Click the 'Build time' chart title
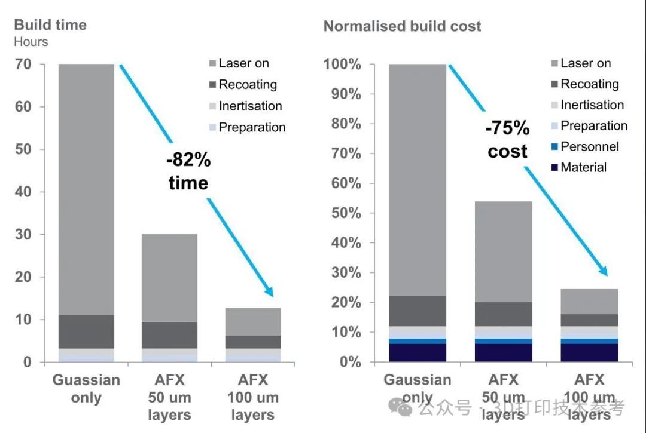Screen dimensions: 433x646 click(x=50, y=25)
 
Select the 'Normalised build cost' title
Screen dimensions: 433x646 click(x=402, y=26)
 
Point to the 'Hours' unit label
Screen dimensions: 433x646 click(x=31, y=42)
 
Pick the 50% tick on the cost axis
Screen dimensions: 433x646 click(x=346, y=213)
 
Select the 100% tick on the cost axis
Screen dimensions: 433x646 click(x=342, y=64)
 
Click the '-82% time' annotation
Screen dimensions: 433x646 click(x=188, y=171)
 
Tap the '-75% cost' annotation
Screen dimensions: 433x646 click(x=507, y=140)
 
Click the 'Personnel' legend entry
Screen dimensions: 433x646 click(x=589, y=146)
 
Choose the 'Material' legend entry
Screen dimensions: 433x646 click(x=583, y=167)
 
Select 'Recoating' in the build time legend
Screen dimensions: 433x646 click(x=247, y=84)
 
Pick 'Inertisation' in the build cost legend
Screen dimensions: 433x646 click(x=592, y=105)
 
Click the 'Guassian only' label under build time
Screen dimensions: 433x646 click(x=86, y=389)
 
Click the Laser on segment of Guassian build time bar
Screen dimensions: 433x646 click(x=86, y=179)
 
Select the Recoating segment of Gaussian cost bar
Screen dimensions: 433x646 click(x=418, y=311)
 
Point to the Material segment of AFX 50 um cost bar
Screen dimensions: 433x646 click(x=504, y=352)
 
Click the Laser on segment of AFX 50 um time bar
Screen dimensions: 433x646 click(x=169, y=278)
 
